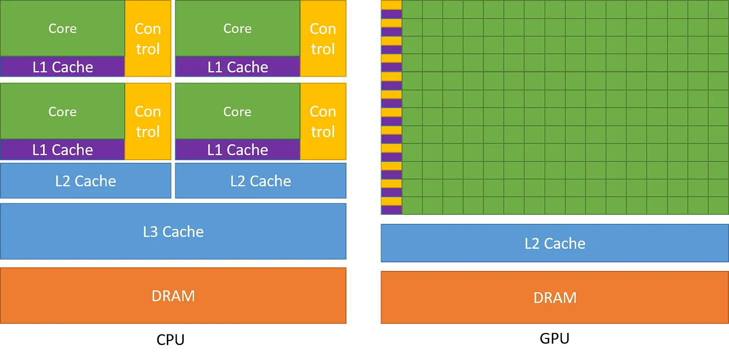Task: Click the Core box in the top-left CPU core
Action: click(x=62, y=28)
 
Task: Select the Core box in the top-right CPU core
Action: click(x=237, y=28)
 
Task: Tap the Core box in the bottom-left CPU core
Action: click(x=62, y=111)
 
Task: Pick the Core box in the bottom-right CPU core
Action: click(x=237, y=111)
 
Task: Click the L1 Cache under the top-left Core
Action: click(x=62, y=67)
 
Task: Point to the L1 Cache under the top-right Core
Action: click(x=237, y=67)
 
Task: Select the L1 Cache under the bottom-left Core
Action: click(x=62, y=150)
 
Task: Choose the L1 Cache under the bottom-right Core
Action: click(x=237, y=150)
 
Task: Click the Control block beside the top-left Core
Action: click(x=148, y=39)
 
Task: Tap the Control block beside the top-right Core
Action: click(x=323, y=39)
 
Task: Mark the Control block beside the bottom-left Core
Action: click(x=148, y=121)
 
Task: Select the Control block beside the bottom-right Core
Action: click(x=323, y=121)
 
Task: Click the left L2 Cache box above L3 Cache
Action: click(x=86, y=181)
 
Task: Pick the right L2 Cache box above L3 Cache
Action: click(x=260, y=181)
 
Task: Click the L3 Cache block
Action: click(x=173, y=231)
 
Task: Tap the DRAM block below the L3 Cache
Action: click(x=173, y=295)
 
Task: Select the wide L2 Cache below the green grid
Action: click(x=554, y=243)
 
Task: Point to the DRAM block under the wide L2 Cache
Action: click(x=554, y=297)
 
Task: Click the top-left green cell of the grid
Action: click(x=412, y=9)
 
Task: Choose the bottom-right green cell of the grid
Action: click(x=718, y=205)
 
